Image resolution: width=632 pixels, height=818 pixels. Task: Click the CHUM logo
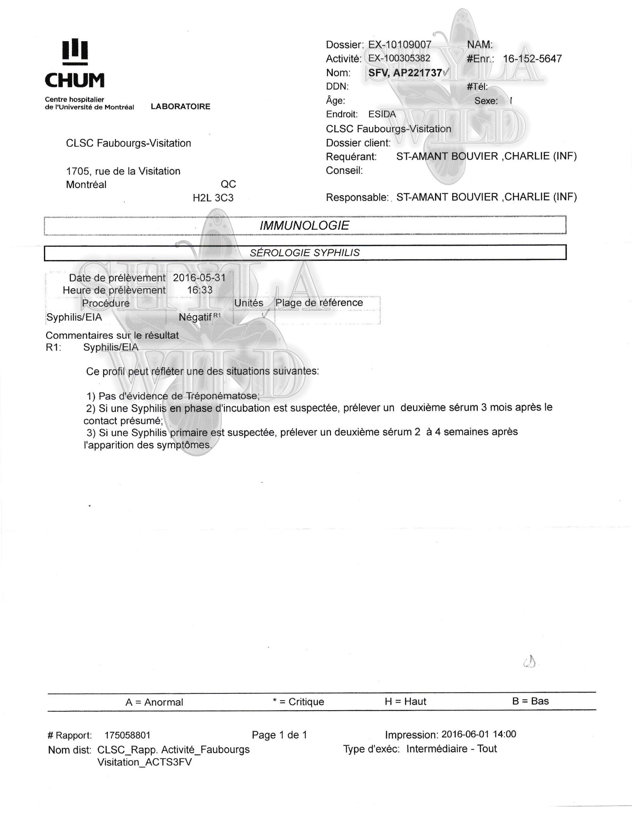74,64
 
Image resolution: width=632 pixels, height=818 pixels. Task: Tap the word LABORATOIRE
181,107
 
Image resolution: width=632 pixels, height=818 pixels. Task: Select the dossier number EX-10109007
399,45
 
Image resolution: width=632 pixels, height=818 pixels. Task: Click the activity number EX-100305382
399,58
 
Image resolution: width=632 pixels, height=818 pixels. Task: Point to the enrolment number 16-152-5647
532,59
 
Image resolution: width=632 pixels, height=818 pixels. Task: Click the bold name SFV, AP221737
405,73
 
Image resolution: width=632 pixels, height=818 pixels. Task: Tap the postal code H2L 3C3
213,198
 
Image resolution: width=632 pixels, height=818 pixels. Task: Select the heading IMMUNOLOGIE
304,225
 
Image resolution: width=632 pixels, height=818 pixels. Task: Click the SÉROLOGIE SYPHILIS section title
305,252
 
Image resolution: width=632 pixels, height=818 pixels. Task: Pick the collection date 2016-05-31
199,278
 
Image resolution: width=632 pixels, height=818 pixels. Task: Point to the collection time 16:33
200,290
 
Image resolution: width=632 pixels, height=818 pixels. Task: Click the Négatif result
195,317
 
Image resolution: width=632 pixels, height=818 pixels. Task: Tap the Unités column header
249,303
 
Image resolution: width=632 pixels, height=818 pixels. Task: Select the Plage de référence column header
319,303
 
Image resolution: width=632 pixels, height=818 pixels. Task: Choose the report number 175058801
127,735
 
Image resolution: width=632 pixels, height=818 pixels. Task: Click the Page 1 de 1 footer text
279,735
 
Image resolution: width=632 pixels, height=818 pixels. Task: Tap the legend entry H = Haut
405,701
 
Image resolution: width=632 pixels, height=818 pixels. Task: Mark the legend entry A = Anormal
154,702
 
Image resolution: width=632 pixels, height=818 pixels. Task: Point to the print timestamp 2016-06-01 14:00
479,734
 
